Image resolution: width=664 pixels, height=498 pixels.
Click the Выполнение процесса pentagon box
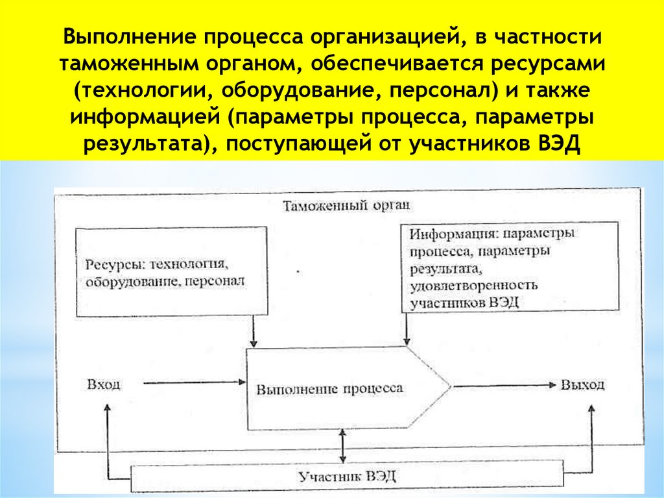pos(337,388)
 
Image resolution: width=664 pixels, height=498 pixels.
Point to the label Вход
pos(103,384)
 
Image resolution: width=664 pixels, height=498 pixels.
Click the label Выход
pos(582,384)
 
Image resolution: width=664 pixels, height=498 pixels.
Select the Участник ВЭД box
pos(347,477)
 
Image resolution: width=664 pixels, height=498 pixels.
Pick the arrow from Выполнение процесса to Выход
pos(503,385)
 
